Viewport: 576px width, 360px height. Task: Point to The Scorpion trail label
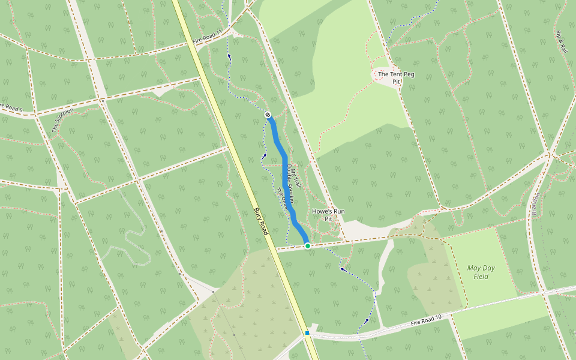62,120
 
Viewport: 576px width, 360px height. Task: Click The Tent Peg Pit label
396,77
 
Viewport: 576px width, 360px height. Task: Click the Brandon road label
535,203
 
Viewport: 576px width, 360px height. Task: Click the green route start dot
308,246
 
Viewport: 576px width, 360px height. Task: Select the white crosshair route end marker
268,115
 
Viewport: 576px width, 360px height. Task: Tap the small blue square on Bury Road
307,332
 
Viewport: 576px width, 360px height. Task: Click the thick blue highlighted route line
284,174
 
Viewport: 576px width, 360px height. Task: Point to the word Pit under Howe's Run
328,219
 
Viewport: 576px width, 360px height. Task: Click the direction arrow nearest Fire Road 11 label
229,56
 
